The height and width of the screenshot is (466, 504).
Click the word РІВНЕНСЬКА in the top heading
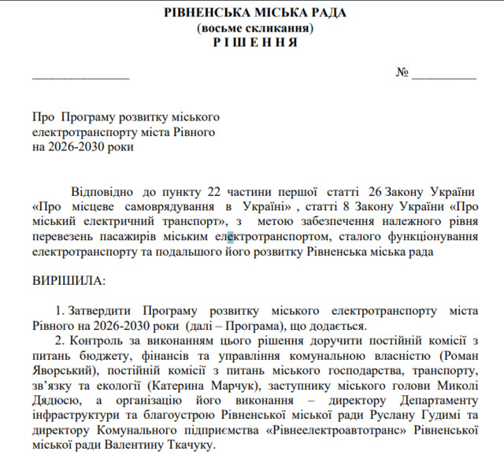click(x=209, y=13)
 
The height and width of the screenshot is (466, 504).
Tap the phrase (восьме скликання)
click(x=255, y=28)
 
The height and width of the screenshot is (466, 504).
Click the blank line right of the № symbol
click(x=444, y=76)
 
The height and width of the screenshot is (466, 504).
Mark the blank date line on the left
click(x=80, y=76)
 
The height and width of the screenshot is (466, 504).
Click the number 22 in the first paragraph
click(x=215, y=190)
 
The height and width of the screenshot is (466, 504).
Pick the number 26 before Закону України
click(x=376, y=190)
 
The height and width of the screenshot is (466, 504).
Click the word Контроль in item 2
click(x=98, y=340)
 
